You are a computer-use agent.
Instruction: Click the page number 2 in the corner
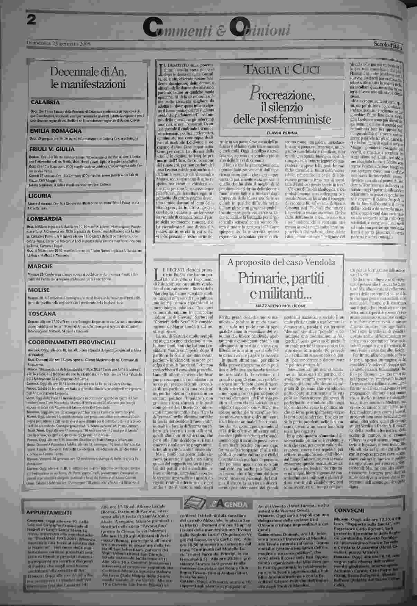[32, 20]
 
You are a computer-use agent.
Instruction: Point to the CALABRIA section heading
[45, 102]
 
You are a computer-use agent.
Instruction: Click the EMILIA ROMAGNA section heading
[56, 131]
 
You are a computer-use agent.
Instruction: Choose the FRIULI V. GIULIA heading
[52, 149]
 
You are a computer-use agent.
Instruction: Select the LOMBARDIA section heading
[45, 219]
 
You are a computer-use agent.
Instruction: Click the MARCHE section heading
[40, 266]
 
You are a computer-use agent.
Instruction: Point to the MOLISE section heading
[39, 290]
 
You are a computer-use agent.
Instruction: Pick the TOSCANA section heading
[42, 314]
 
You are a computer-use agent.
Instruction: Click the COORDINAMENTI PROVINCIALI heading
[72, 342]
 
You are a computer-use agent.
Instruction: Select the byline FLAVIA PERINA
[282, 133]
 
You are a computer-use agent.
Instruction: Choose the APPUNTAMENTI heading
[49, 512]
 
